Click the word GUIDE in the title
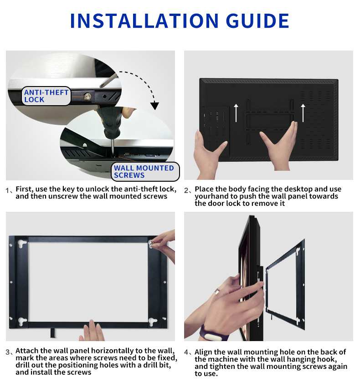(x=257, y=21)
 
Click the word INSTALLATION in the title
(x=144, y=21)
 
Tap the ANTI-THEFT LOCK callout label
(x=46, y=96)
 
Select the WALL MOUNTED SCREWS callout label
(x=144, y=172)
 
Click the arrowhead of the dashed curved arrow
(x=155, y=106)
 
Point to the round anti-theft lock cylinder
(x=87, y=96)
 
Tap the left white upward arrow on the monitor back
(x=236, y=113)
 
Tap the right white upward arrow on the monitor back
(x=303, y=113)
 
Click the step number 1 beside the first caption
(x=7, y=190)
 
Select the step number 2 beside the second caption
(x=186, y=190)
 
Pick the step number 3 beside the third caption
(x=8, y=352)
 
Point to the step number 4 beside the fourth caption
(x=186, y=352)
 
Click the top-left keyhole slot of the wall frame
(x=22, y=244)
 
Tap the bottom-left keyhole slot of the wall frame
(x=22, y=321)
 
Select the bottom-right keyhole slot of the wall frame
(x=153, y=321)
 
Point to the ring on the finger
(x=216, y=291)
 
